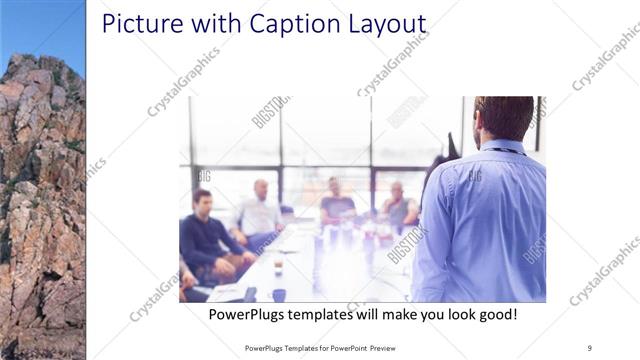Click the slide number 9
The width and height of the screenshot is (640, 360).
pos(589,348)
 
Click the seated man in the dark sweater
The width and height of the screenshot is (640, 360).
pos(206,236)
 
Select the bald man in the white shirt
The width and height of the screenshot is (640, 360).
pos(259,211)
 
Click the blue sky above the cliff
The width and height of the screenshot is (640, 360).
pos(42,25)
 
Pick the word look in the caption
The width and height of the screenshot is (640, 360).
pos(453,314)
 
